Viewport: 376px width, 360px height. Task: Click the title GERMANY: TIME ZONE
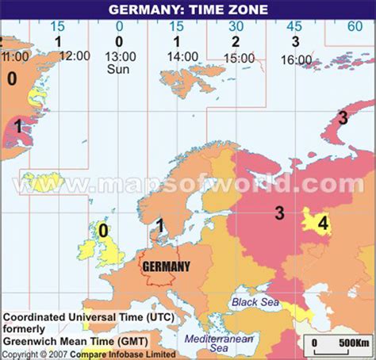point(187,10)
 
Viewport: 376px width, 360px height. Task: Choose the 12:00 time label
point(75,56)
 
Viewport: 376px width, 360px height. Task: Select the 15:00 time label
point(239,58)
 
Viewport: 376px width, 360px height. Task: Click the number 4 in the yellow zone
point(322,224)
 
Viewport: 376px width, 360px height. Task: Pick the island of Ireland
point(86,253)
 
